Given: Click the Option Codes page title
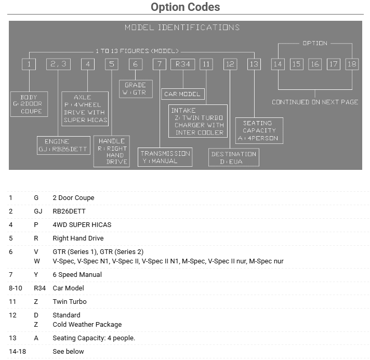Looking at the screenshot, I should (185, 7).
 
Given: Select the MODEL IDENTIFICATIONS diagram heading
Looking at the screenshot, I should (182, 28).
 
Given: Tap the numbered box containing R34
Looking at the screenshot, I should (182, 64).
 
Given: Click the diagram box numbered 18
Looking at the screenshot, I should (352, 64).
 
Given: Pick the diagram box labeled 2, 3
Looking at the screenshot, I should (58, 64).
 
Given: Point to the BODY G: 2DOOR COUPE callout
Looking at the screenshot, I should (29, 104).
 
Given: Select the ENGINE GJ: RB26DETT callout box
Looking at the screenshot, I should (61, 145).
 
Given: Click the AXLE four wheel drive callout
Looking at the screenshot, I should (85, 109).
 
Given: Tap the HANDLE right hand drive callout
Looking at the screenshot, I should (111, 151).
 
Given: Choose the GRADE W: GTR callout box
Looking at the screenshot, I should (135, 89).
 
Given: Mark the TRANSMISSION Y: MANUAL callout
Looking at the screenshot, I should (165, 157).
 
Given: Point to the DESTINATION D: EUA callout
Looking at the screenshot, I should (234, 157).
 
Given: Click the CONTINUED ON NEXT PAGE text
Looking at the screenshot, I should (315, 102).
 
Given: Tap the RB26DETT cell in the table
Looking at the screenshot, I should (69, 211).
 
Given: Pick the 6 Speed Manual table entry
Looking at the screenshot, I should (77, 274).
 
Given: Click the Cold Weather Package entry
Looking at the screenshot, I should (87, 324).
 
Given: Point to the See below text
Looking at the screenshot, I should (68, 351).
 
